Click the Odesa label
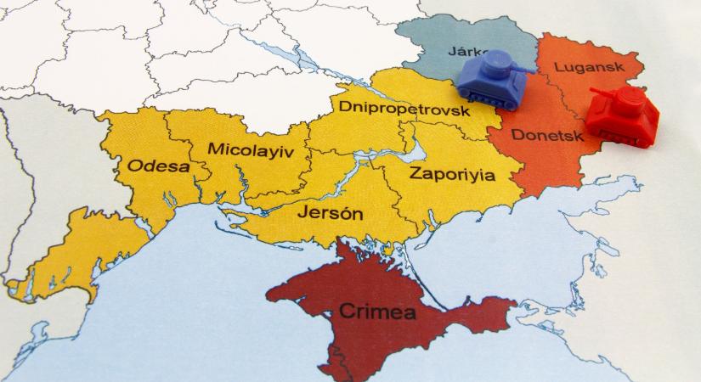[159, 166]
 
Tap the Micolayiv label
[247, 150]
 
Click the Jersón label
[329, 212]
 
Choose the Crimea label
[377, 312]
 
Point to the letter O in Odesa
[135, 166]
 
